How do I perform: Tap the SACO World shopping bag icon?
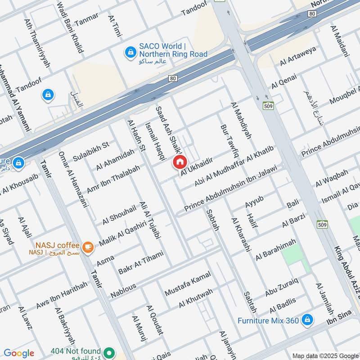[x=130, y=53]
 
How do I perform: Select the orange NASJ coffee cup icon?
[x=88, y=246]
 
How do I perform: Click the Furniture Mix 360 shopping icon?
[x=307, y=320]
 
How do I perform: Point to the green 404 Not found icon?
[x=108, y=352]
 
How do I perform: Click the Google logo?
[x=19, y=353]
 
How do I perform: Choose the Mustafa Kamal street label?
[x=188, y=286]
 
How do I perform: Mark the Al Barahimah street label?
[x=276, y=250]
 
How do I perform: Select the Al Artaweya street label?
[x=298, y=56]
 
